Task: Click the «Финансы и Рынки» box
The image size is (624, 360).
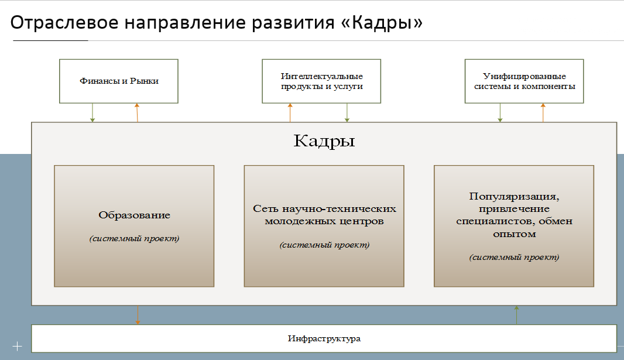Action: click(119, 81)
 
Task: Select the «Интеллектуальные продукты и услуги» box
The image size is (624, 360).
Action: click(321, 81)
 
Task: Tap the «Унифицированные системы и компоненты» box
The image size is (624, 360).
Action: click(524, 81)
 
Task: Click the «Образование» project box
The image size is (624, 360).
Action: click(134, 226)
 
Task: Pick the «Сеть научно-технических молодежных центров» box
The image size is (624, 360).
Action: click(324, 226)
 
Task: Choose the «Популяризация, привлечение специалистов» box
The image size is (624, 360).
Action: click(514, 226)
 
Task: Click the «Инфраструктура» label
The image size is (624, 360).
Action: click(324, 338)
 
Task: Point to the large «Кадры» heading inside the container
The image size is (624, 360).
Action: click(324, 141)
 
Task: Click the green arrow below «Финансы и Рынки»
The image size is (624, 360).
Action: click(92, 112)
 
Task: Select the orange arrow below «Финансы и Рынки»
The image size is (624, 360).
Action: click(137, 112)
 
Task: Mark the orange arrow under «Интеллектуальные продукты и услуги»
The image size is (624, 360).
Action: click(290, 112)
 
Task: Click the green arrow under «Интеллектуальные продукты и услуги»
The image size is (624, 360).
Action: click(347, 112)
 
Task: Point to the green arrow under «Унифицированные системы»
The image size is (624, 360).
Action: click(500, 112)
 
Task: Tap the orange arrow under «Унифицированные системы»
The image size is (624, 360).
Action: click(543, 112)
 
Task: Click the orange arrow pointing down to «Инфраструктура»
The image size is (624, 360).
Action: click(138, 315)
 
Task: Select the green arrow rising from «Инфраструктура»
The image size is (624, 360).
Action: click(516, 315)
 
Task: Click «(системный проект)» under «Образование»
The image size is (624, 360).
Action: click(134, 239)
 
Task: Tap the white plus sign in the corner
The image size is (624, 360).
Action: click(17, 347)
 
